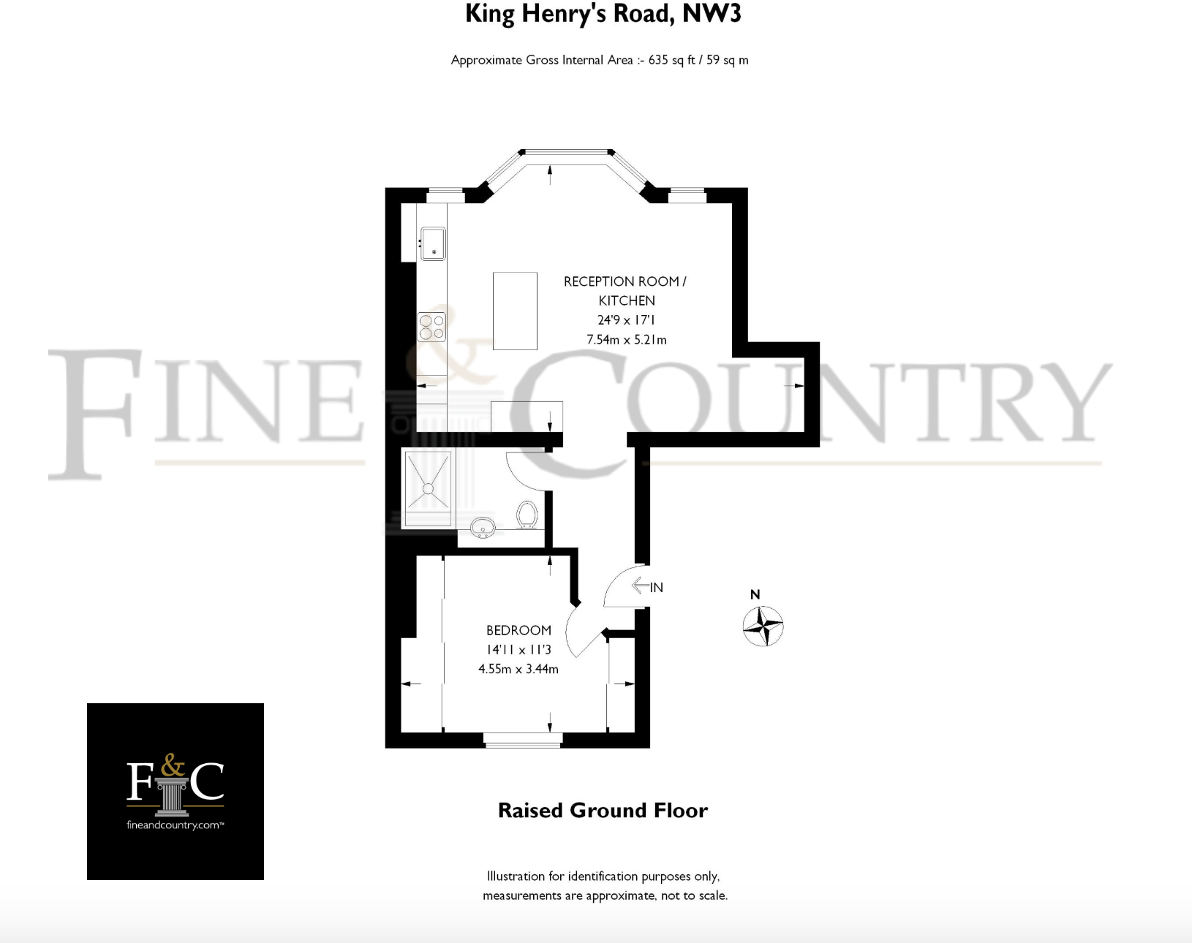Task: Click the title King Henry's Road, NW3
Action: click(603, 15)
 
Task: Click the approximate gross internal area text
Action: click(599, 60)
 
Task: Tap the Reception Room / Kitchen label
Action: click(625, 290)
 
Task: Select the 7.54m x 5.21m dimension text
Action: click(626, 339)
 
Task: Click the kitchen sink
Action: click(432, 244)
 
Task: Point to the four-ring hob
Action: click(431, 327)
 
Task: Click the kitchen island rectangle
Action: click(515, 311)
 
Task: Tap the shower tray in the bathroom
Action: click(429, 488)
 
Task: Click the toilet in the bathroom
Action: click(527, 514)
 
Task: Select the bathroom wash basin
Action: click(483, 526)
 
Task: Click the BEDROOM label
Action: click(518, 630)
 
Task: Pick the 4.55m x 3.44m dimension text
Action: click(518, 669)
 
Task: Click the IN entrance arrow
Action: click(647, 586)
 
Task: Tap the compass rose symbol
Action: click(763, 626)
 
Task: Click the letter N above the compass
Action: click(755, 594)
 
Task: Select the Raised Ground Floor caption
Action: click(603, 810)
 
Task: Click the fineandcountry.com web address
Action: click(175, 825)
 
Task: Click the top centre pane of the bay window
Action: click(566, 153)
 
